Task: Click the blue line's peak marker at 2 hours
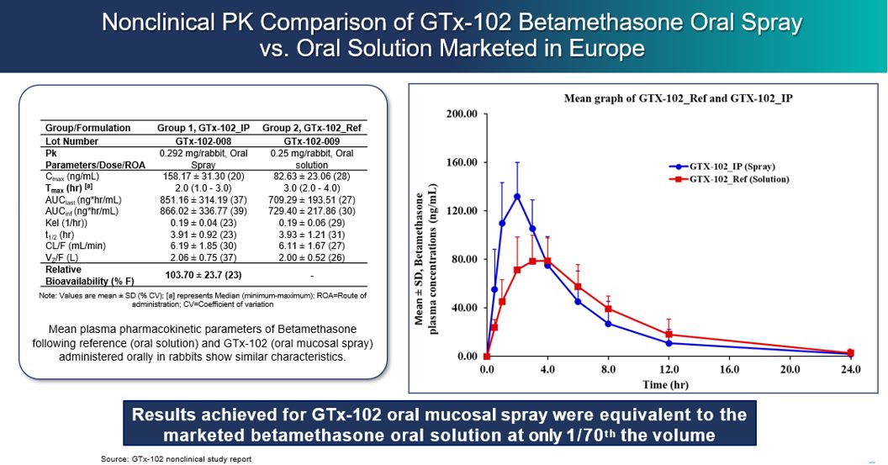pos(517,196)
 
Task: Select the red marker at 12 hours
pos(669,335)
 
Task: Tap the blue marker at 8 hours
pos(608,324)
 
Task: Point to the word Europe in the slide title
pos(604,49)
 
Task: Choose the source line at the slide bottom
pos(176,458)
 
